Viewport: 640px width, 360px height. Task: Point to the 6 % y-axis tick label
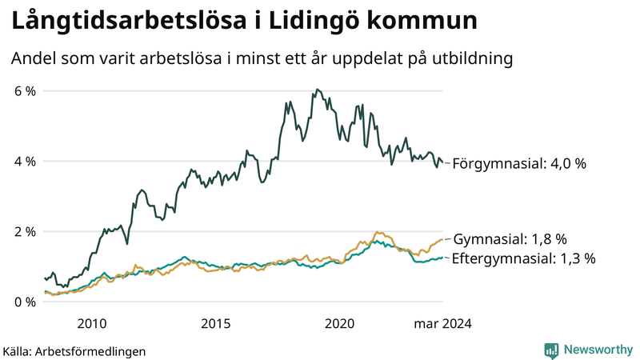coord(26,91)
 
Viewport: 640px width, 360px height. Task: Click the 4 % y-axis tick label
coord(26,162)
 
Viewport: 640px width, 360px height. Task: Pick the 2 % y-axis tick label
coord(26,232)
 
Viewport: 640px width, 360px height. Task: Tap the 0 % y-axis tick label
coord(26,302)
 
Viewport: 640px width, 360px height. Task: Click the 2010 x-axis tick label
coord(91,324)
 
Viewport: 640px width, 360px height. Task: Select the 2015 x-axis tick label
coord(215,324)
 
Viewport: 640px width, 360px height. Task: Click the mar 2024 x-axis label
coord(442,324)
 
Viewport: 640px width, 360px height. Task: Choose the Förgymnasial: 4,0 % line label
coord(519,164)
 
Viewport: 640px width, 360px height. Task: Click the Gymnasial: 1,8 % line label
coord(510,239)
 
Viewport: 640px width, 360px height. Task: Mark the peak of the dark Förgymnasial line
coord(318,90)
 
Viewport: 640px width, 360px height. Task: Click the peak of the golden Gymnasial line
coord(376,232)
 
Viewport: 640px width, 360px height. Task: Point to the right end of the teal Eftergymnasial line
coord(442,258)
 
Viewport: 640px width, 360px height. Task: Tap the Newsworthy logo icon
coord(551,350)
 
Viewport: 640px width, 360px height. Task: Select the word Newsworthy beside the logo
coord(598,350)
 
